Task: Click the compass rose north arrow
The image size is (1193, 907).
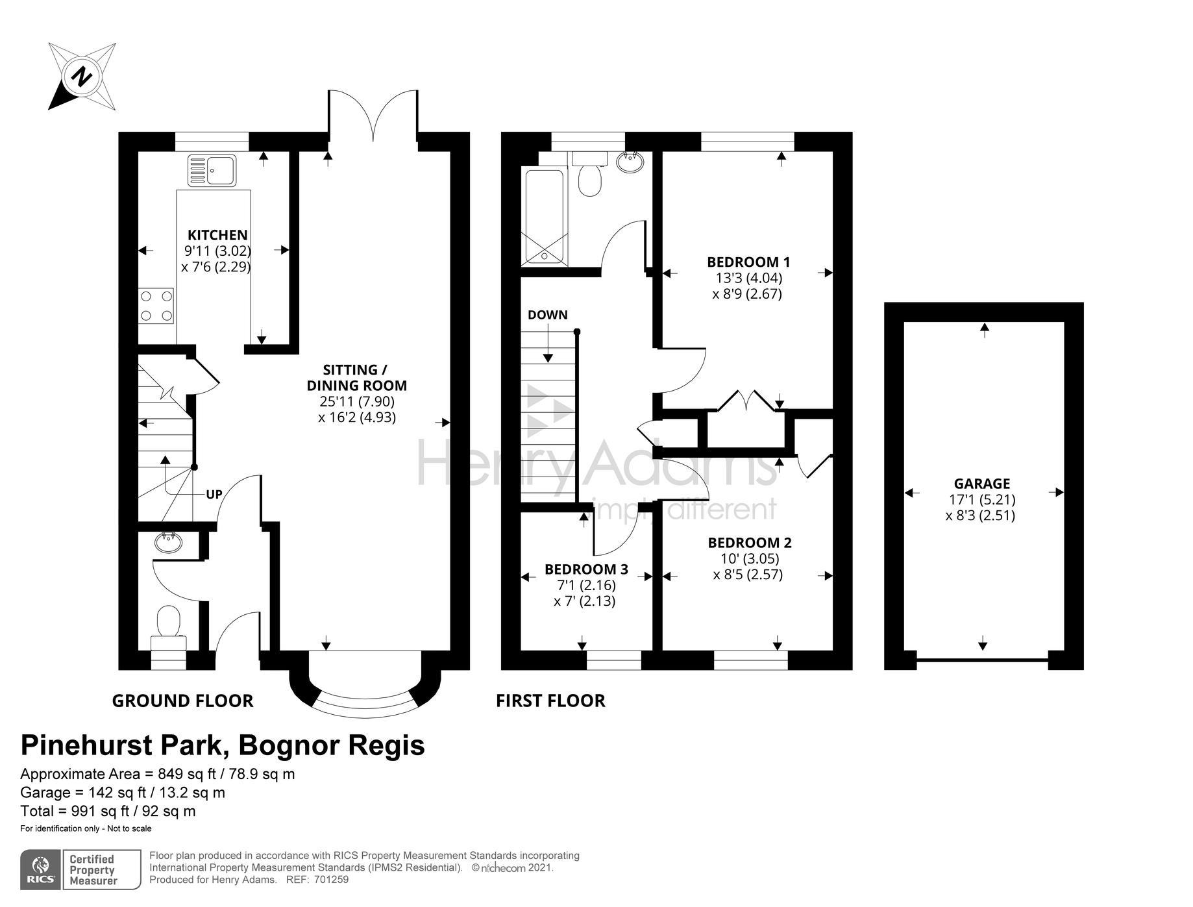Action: point(82,77)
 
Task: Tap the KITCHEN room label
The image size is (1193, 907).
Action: point(217,235)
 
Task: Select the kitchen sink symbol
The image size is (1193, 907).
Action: point(213,169)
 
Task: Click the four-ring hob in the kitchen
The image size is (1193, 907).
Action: point(156,306)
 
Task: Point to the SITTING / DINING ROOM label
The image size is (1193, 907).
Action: point(356,377)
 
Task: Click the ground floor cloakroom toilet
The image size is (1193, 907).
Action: point(169,628)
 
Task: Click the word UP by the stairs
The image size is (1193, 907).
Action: point(214,494)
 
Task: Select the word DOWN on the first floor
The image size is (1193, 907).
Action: point(547,315)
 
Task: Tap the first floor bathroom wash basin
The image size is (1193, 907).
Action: point(629,162)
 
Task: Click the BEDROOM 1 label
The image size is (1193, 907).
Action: point(748,262)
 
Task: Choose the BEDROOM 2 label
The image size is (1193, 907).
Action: point(750,543)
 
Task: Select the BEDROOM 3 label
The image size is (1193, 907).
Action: point(586,569)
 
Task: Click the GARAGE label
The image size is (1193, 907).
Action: point(981,484)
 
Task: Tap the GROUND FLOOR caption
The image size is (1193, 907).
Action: point(182,701)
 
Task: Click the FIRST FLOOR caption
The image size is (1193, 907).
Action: point(550,701)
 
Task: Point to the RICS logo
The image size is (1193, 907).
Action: point(41,870)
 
